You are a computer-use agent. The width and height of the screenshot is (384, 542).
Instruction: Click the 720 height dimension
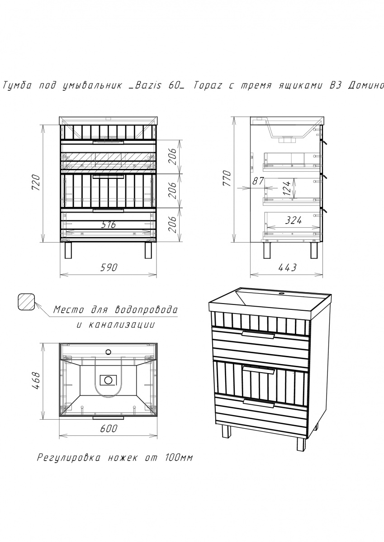(x=36, y=182)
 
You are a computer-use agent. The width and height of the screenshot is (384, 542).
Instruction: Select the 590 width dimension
(x=109, y=267)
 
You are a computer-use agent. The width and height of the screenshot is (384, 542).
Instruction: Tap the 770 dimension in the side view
(x=227, y=178)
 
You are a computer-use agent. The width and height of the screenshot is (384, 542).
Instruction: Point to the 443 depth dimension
(x=287, y=267)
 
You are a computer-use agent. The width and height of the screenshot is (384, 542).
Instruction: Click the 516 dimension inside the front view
(x=108, y=225)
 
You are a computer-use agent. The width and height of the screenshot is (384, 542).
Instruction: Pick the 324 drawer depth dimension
(x=294, y=220)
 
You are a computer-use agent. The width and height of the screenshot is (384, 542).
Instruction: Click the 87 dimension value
(x=258, y=181)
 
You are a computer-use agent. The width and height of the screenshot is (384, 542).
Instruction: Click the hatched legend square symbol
(x=27, y=302)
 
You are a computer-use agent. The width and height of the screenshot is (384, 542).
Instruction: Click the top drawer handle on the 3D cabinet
(x=258, y=334)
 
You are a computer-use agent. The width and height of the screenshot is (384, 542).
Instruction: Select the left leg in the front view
(x=69, y=250)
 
